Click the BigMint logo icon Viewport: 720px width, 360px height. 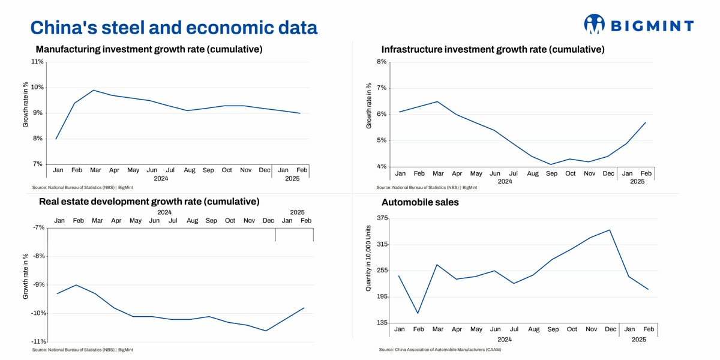pos(594,24)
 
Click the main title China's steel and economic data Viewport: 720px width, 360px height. pos(173,28)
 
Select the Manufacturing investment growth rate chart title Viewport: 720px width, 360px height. pos(149,49)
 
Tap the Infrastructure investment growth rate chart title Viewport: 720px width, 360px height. pos(493,49)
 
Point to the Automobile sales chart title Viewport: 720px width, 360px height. pos(420,202)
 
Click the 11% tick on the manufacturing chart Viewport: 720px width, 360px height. pos(37,62)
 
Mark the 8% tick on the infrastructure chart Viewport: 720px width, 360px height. pos(382,62)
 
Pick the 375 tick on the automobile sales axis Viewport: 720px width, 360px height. pos(382,218)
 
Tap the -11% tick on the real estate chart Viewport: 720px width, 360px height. pos(37,341)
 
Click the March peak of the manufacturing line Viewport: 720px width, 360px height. pos(94,91)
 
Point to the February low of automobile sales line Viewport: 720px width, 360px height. pos(418,313)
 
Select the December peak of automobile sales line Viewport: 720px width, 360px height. pos(610,230)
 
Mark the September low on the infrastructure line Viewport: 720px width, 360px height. pos(551,164)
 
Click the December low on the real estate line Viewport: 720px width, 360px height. pos(266,331)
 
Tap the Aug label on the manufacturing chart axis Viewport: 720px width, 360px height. pos(190,170)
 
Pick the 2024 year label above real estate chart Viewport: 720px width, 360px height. pos(164,212)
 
